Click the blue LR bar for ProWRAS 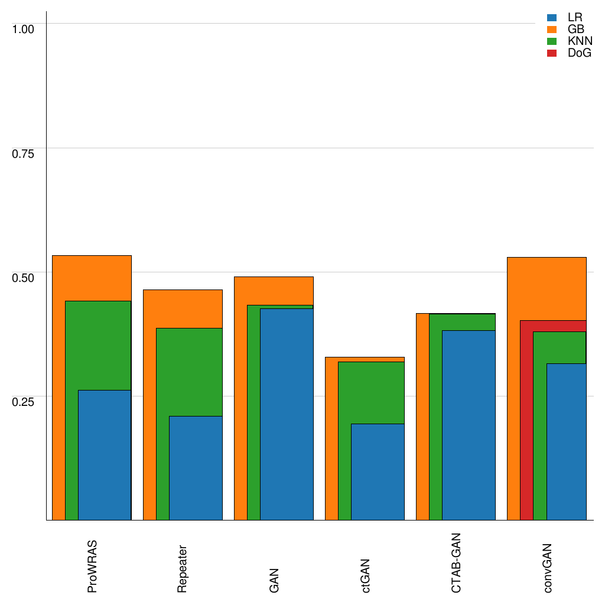click(x=105, y=455)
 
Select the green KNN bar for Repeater click(x=162, y=372)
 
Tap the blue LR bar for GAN click(x=287, y=414)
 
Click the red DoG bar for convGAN click(x=526, y=419)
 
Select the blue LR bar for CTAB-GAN click(x=469, y=425)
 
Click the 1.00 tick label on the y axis click(x=24, y=28)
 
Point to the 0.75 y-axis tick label click(x=24, y=153)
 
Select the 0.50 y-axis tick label click(x=24, y=277)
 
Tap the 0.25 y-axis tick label click(x=24, y=401)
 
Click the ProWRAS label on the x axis click(x=92, y=567)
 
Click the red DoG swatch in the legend click(x=552, y=53)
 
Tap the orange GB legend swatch click(x=552, y=30)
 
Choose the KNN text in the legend click(x=580, y=41)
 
